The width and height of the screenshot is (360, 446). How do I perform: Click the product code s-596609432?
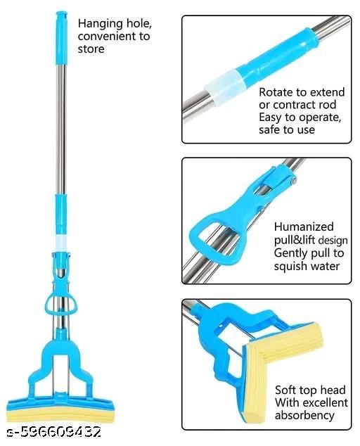(52, 431)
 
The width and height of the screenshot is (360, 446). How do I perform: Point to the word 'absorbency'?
(304, 415)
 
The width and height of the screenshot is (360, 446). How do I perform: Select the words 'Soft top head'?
(309, 390)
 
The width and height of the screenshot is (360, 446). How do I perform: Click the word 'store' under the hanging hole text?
(91, 49)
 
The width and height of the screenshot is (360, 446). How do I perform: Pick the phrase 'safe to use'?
(286, 129)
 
